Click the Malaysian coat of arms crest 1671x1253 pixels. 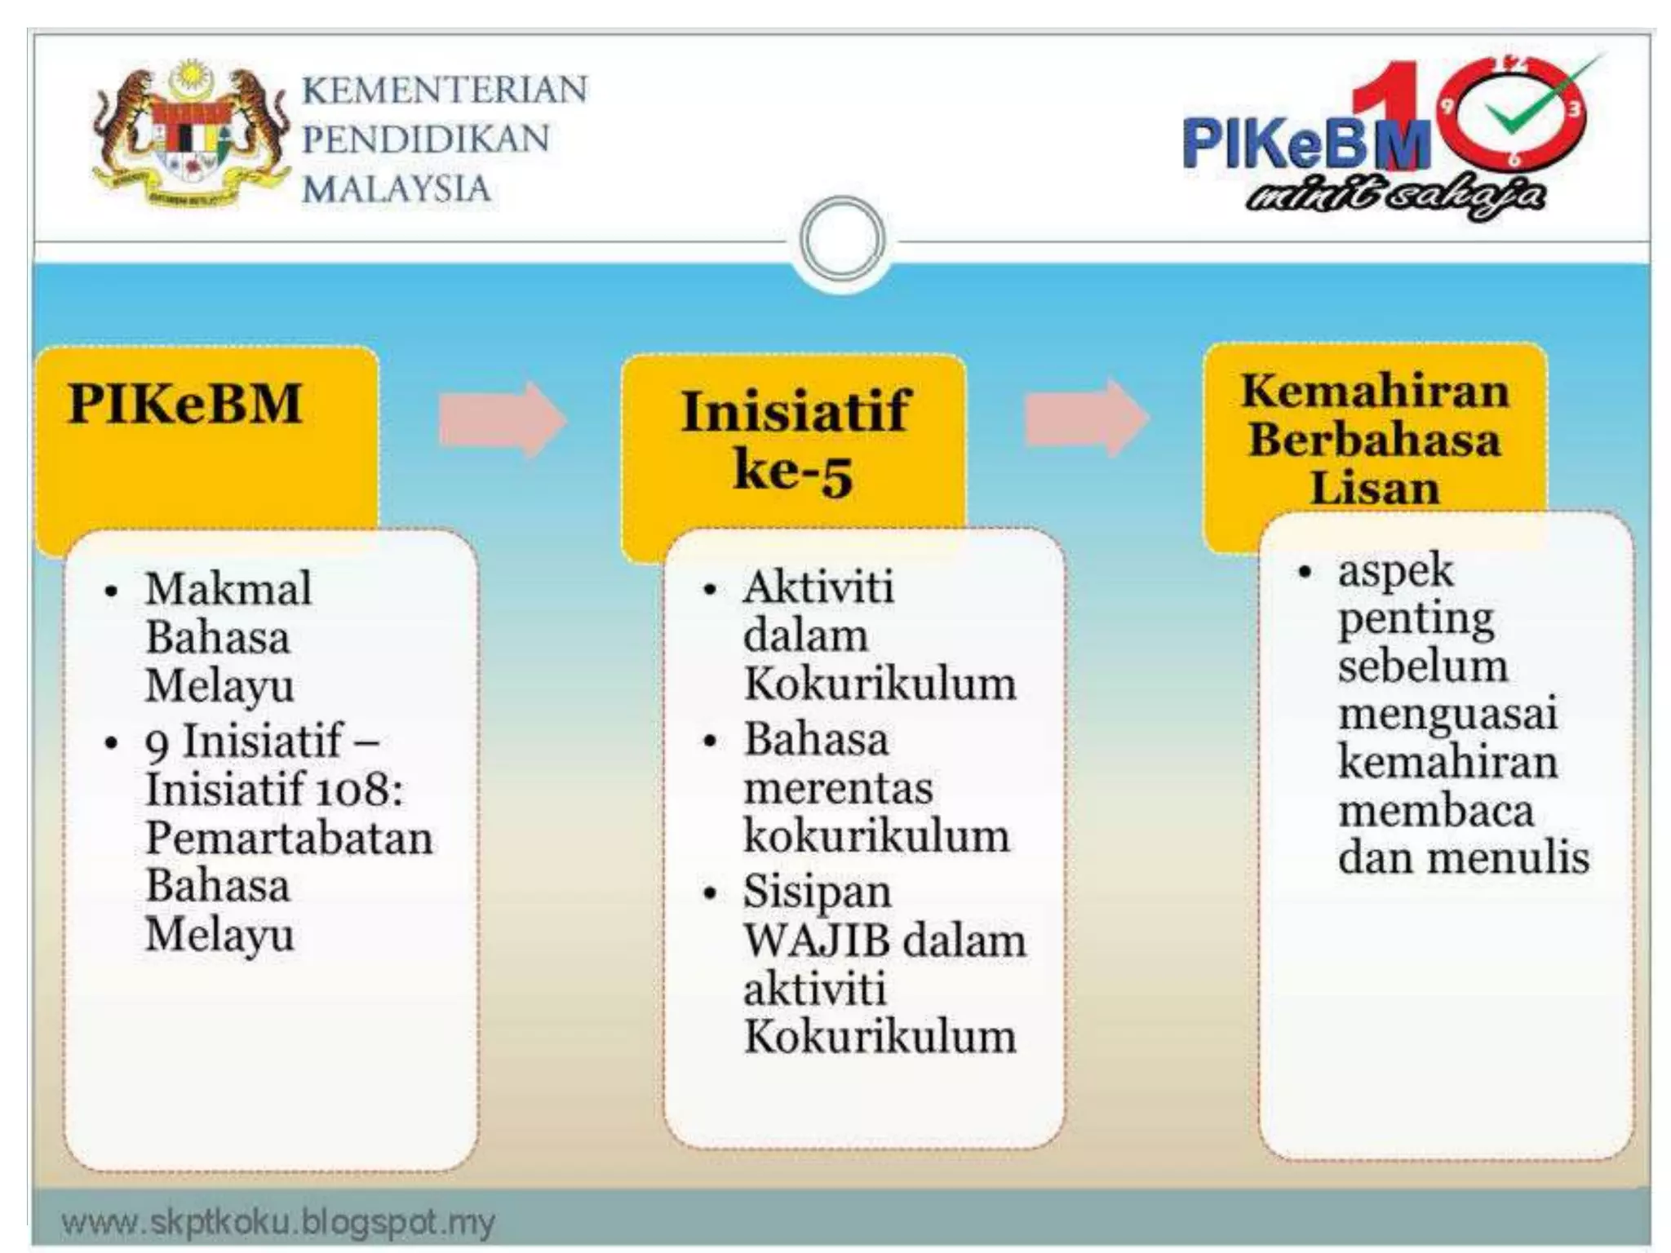click(189, 135)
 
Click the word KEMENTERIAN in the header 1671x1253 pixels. click(445, 90)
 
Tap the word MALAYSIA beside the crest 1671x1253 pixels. click(397, 189)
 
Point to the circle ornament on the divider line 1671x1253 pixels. click(843, 239)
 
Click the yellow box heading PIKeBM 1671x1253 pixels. click(186, 404)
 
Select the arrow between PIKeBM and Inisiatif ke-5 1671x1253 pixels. click(502, 418)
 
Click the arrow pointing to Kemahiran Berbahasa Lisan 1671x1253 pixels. click(1086, 418)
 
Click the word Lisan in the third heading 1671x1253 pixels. click(1375, 488)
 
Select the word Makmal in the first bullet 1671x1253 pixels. click(228, 588)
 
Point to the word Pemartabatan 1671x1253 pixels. click(289, 838)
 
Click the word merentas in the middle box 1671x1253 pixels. click(838, 788)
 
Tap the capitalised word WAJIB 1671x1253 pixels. click(817, 941)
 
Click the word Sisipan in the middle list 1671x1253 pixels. click(817, 892)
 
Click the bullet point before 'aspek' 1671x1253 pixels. click(1305, 572)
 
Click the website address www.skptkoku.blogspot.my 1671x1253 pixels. click(278, 1222)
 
